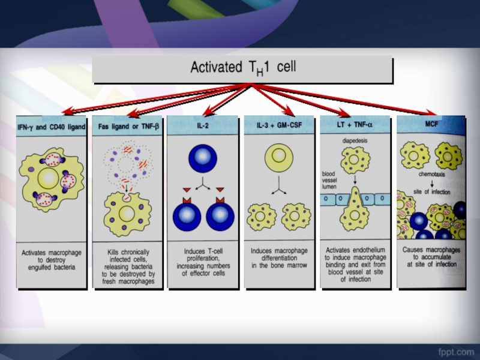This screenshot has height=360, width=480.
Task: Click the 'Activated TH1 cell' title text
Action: click(x=243, y=68)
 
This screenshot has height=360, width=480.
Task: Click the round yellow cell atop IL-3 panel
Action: click(x=278, y=157)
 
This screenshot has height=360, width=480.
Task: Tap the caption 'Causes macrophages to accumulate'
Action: click(x=431, y=256)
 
